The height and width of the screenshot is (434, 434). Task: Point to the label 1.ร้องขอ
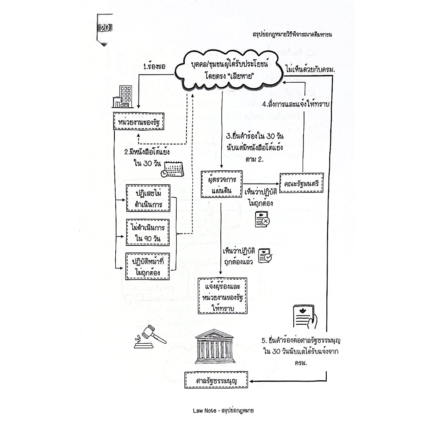point(155,67)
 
